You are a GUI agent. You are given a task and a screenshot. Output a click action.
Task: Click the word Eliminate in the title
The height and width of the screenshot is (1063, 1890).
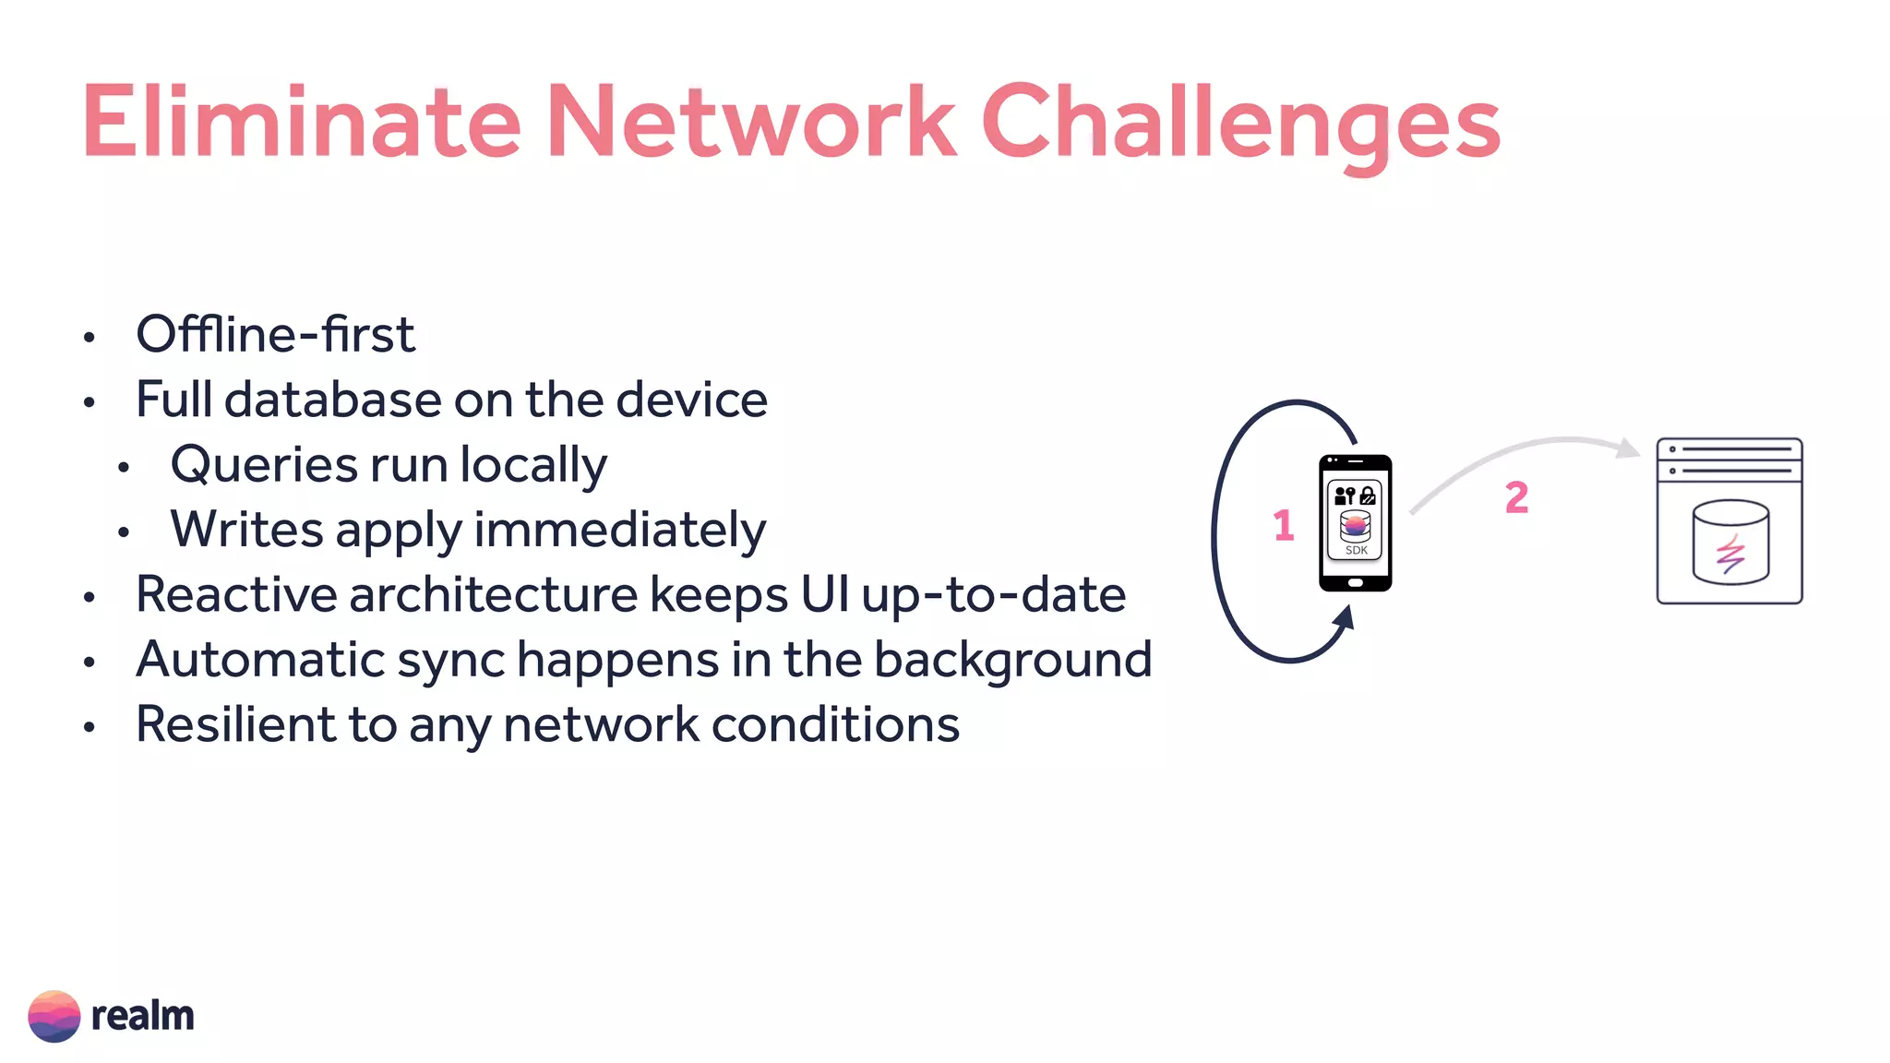(301, 123)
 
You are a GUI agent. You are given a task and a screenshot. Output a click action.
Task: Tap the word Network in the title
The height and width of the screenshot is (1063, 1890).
(751, 123)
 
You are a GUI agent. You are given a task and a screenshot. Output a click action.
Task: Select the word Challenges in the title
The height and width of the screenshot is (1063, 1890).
(1240, 125)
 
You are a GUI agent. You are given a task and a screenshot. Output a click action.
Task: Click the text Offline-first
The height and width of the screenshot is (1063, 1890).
(275, 334)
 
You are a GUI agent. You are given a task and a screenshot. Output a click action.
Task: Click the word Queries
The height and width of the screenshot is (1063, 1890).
(262, 465)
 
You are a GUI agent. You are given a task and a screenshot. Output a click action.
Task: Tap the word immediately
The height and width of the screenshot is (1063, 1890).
(619, 531)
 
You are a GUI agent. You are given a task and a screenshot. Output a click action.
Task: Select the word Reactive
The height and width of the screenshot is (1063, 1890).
(236, 594)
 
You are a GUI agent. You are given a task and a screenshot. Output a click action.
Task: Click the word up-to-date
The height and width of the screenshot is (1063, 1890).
(993, 595)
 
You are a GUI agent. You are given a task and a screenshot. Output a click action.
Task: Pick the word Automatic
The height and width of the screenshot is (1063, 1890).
(260, 660)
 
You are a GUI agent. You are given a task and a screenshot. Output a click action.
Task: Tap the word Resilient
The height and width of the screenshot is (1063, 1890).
(235, 724)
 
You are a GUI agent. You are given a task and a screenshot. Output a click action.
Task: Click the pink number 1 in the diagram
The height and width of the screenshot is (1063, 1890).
(1283, 525)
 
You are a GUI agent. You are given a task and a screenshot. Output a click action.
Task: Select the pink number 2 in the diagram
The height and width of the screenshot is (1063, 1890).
(1516, 497)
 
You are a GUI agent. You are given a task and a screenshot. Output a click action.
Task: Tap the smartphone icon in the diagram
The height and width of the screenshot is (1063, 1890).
(1355, 523)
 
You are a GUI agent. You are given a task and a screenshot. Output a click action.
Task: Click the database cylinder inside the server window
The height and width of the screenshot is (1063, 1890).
(1730, 543)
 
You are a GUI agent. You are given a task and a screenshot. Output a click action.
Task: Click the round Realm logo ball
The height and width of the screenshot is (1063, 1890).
(54, 1016)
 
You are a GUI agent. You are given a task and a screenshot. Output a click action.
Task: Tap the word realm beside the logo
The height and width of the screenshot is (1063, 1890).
(143, 1016)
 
